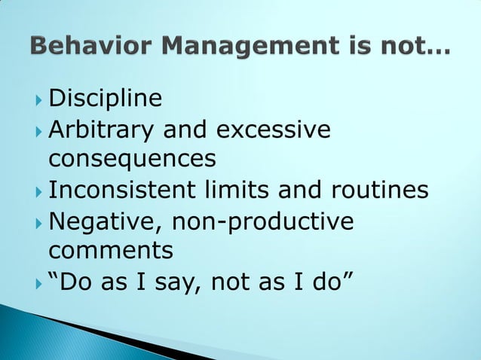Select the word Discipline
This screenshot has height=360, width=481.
[x=105, y=99]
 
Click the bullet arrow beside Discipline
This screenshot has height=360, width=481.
[x=38, y=99]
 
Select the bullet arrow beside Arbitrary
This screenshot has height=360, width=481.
[x=38, y=130]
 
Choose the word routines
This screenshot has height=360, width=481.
[x=383, y=190]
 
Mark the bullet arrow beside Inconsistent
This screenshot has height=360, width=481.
[x=38, y=191]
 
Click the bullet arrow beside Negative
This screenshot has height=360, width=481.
[x=38, y=221]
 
